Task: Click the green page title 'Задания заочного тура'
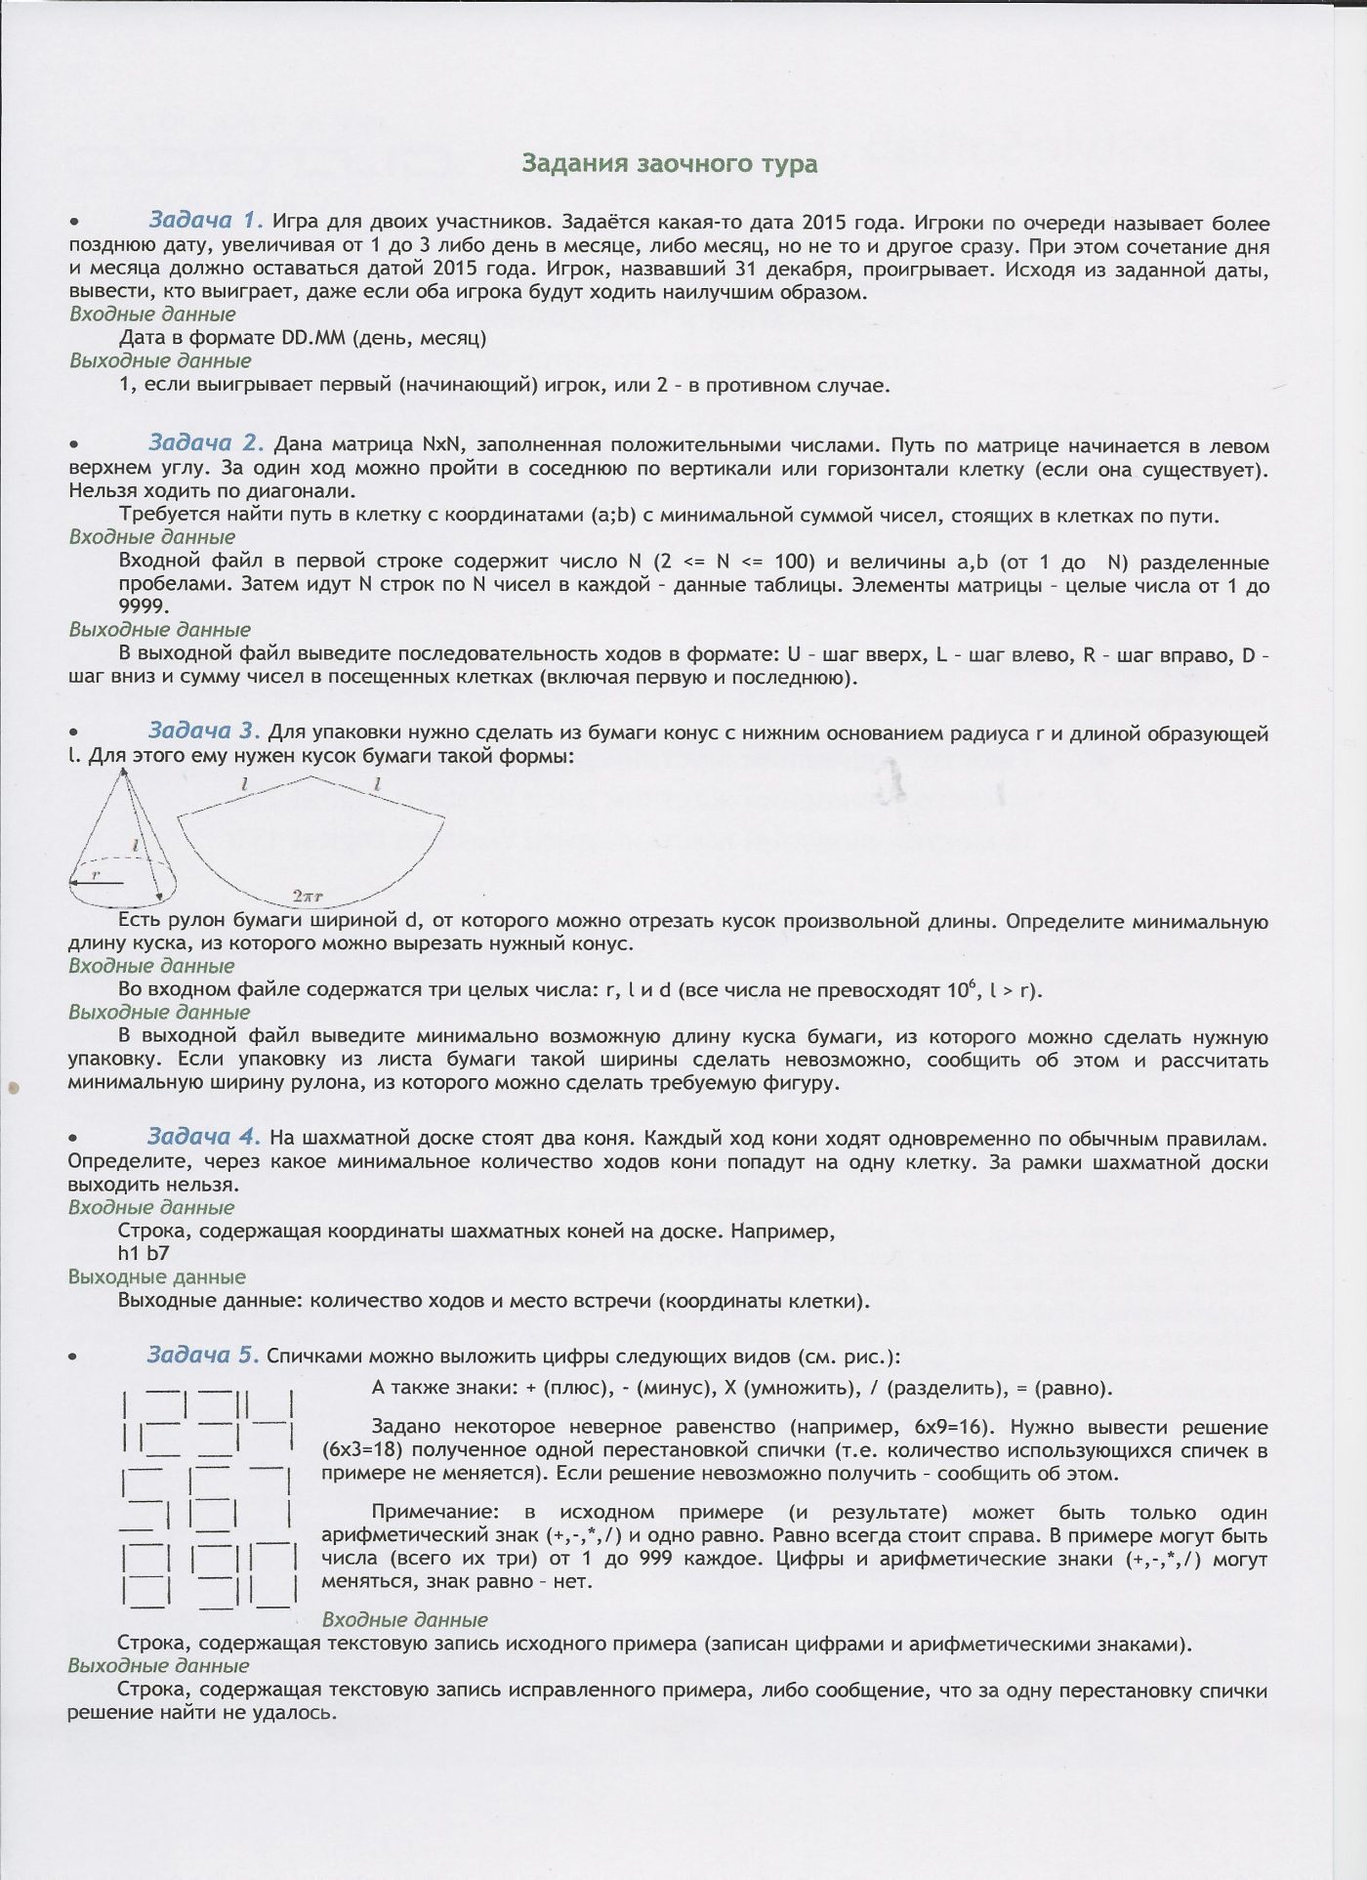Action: coord(669,163)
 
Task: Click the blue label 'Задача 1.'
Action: coord(205,219)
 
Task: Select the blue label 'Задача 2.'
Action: coord(205,443)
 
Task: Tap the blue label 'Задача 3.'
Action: coord(204,731)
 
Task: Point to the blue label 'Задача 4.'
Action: coord(203,1136)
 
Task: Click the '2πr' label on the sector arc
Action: coord(310,894)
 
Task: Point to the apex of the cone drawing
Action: coord(122,771)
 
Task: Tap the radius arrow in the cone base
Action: coord(98,883)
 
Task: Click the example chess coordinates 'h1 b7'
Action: coord(144,1253)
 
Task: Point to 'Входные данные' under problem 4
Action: coord(151,1207)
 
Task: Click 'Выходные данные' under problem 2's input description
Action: coord(160,630)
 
